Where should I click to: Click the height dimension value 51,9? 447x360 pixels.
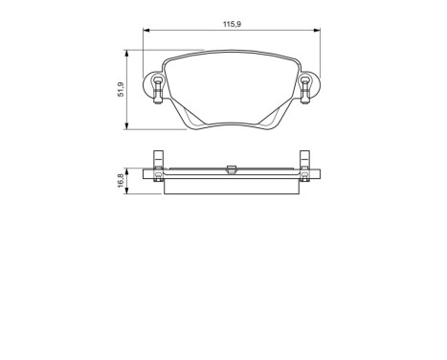[120, 89]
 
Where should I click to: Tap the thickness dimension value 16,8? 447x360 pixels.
[120, 178]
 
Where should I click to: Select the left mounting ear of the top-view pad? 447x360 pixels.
[154, 88]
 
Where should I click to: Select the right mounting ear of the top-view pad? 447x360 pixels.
[305, 88]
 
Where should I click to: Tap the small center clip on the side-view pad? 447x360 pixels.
[230, 170]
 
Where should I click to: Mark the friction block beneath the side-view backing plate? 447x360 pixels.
[230, 187]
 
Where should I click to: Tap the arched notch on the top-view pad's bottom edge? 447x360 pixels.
[230, 121]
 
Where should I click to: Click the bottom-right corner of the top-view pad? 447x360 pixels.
[275, 126]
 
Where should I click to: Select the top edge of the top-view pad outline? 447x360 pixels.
[230, 53]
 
